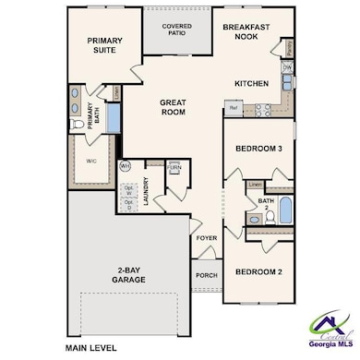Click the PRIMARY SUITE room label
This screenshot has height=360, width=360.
(105, 47)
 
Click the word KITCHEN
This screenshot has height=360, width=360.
(251, 84)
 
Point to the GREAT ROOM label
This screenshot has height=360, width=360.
(173, 107)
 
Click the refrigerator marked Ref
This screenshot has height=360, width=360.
(234, 109)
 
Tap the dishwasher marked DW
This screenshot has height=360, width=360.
(287, 68)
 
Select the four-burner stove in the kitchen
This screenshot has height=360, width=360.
(260, 109)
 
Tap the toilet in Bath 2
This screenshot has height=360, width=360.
(253, 219)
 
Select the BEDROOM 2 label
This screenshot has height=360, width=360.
(257, 272)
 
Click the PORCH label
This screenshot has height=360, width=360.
(206, 275)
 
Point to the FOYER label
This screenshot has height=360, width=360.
(206, 238)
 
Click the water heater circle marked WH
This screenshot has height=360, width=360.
(126, 166)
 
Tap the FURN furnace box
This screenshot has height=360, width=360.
(174, 167)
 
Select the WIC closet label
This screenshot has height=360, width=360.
(92, 160)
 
